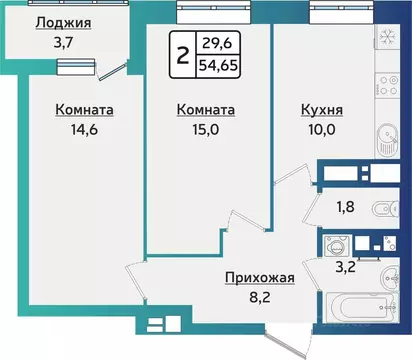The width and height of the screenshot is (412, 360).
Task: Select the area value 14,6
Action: click(84, 129)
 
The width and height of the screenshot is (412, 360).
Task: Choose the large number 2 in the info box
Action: click(182, 53)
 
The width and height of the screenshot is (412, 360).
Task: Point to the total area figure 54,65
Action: click(222, 64)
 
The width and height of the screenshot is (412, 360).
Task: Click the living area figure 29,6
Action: click(222, 42)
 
